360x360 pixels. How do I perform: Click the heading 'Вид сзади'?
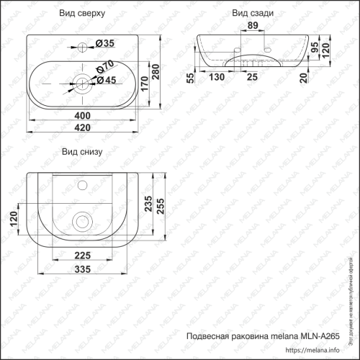click(251, 14)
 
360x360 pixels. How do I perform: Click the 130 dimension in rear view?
click(216, 77)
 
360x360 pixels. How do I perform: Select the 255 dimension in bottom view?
click(164, 207)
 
